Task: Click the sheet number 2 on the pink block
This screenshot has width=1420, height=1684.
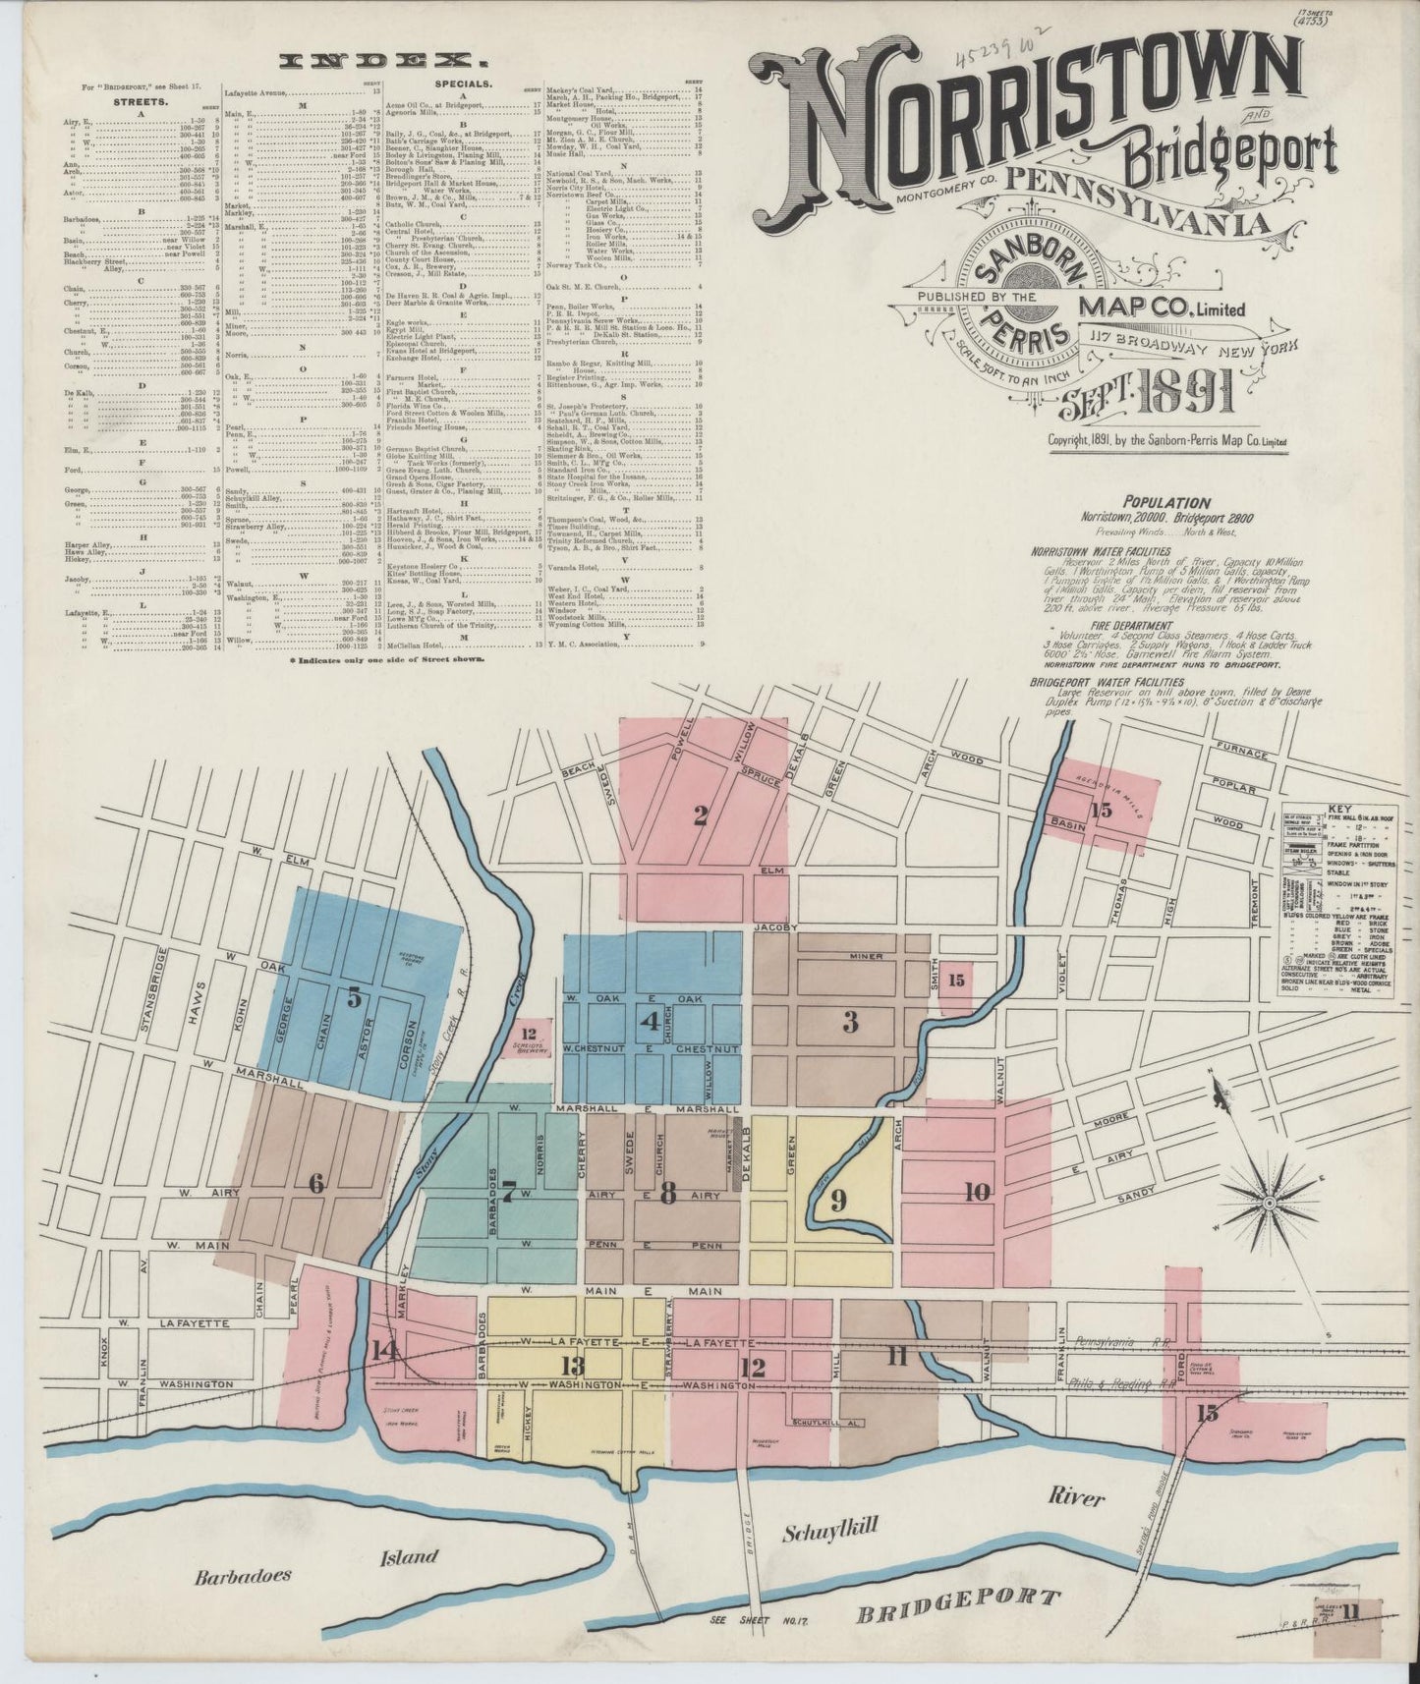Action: coord(700,815)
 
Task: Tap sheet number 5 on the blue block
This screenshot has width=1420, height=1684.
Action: coord(355,998)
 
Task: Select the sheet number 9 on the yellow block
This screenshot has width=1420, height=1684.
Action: coord(838,1200)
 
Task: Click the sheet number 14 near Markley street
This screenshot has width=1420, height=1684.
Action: coord(386,1351)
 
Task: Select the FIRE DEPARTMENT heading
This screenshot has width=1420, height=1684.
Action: coord(1087,626)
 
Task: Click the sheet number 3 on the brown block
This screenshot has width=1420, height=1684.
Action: coord(850,1023)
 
